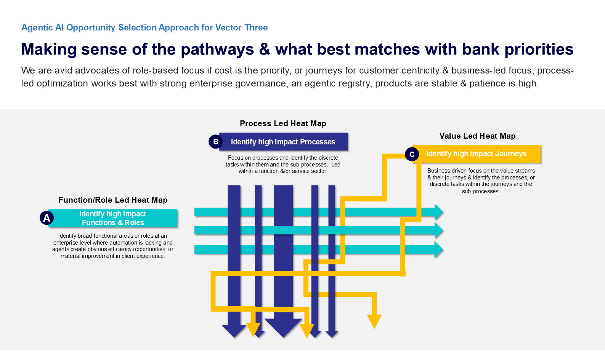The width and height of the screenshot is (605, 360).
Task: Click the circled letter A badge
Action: (x=47, y=218)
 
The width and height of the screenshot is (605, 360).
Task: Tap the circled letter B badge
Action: (x=215, y=142)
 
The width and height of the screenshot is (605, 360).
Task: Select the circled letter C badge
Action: (x=412, y=154)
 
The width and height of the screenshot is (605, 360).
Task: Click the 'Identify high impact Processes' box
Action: (x=283, y=142)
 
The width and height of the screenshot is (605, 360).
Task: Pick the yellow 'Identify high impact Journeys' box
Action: (x=476, y=154)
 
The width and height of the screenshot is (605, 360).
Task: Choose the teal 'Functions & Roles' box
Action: (x=113, y=218)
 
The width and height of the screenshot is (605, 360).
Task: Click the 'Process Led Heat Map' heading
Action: (x=283, y=123)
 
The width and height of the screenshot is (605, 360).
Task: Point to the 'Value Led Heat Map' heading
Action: (x=477, y=136)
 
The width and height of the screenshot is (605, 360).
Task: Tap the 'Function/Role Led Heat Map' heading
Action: (x=113, y=200)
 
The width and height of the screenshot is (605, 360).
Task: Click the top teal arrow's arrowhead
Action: (x=438, y=212)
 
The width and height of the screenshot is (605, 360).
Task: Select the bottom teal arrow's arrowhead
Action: (x=438, y=250)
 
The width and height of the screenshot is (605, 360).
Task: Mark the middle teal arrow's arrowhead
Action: (x=438, y=230)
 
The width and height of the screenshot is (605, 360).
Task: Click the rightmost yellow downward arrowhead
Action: (x=374, y=321)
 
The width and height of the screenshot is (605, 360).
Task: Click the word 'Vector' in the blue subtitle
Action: (x=228, y=27)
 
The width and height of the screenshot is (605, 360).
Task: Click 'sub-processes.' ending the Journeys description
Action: (x=481, y=191)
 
